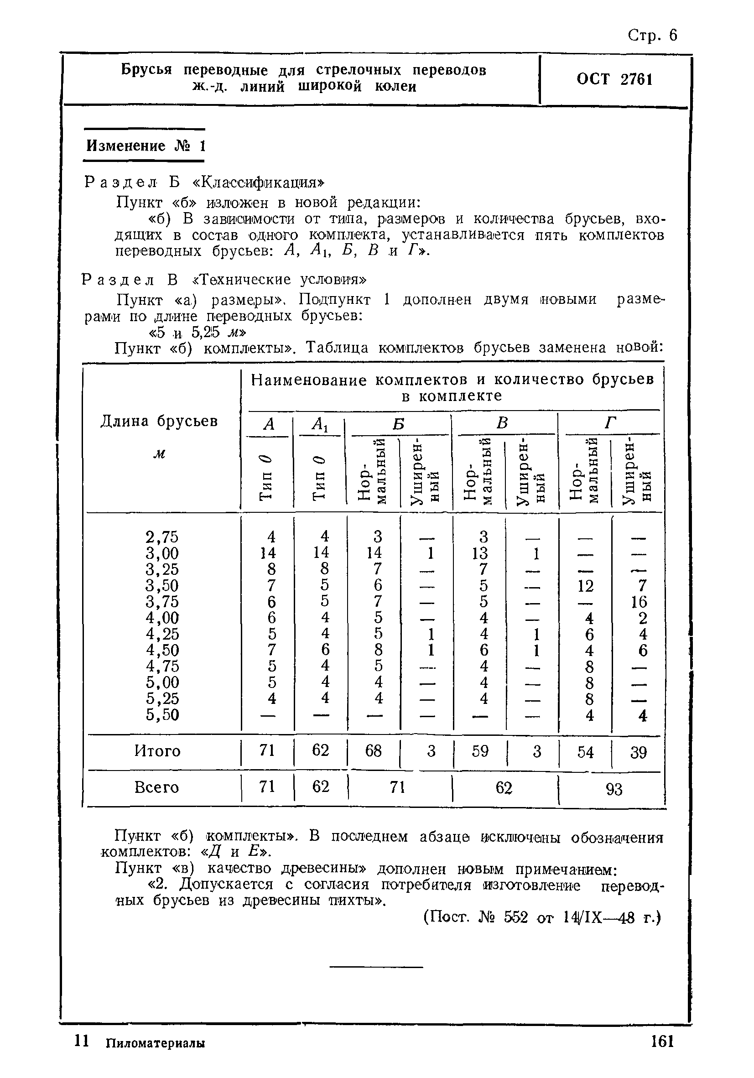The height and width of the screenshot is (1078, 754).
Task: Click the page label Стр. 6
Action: pyautogui.click(x=652, y=36)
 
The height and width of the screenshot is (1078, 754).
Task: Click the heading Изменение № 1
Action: pyautogui.click(x=146, y=146)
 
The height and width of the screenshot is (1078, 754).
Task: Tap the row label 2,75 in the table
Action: pyautogui.click(x=162, y=536)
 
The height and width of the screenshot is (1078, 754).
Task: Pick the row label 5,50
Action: pyautogui.click(x=162, y=714)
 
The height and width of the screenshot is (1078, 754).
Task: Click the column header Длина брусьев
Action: pyautogui.click(x=159, y=421)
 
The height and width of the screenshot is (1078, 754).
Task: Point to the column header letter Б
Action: pyautogui.click(x=399, y=423)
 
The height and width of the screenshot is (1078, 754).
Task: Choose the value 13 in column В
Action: pyautogui.click(x=480, y=553)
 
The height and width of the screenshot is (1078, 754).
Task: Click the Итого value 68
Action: pyautogui.click(x=373, y=751)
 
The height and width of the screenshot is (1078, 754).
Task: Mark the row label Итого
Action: pyautogui.click(x=157, y=751)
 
